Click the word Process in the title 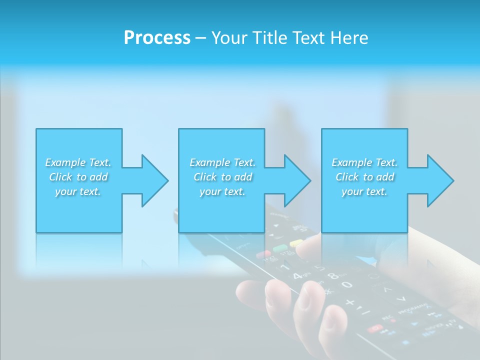[x=157, y=38]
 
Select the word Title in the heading [x=271, y=38]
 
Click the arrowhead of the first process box [x=154, y=180]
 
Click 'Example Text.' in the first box [x=78, y=162]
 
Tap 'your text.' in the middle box [x=222, y=191]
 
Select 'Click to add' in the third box [x=364, y=177]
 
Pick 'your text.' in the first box [x=78, y=191]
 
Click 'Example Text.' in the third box [x=364, y=162]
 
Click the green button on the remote [x=280, y=248]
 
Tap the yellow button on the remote [x=296, y=243]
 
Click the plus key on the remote [x=350, y=302]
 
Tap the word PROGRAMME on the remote [x=412, y=308]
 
